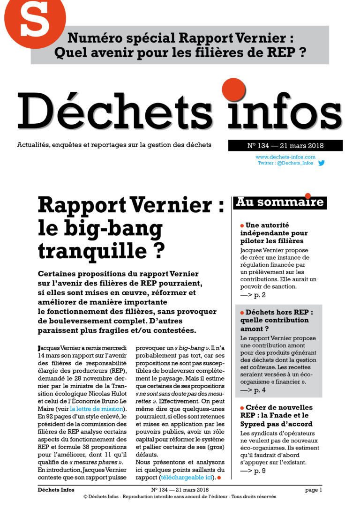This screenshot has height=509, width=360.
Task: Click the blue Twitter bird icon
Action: [x=322, y=163]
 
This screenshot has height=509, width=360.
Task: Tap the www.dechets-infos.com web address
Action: [x=285, y=157]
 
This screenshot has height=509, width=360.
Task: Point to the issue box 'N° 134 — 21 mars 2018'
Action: [x=285, y=145]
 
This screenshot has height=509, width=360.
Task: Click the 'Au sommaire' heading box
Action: [x=280, y=202]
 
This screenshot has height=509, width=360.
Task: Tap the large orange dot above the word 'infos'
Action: [x=234, y=89]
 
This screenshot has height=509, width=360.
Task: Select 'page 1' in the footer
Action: [x=313, y=490]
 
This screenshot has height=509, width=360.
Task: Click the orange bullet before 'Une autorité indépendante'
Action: [x=242, y=225]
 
